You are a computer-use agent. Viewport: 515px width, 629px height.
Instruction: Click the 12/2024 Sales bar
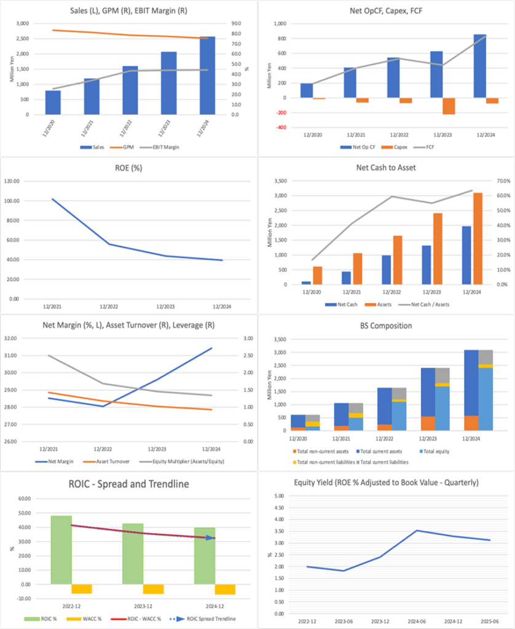pos(207,76)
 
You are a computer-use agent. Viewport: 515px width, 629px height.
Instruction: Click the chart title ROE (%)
pos(128,168)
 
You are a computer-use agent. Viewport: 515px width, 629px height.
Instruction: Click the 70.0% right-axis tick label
pos(497,181)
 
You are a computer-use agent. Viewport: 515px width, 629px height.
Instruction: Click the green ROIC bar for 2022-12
pos(61,550)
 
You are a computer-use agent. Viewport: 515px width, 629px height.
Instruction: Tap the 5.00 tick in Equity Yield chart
pos(279,496)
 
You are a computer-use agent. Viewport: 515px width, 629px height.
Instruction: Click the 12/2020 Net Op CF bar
pos(307,90)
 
